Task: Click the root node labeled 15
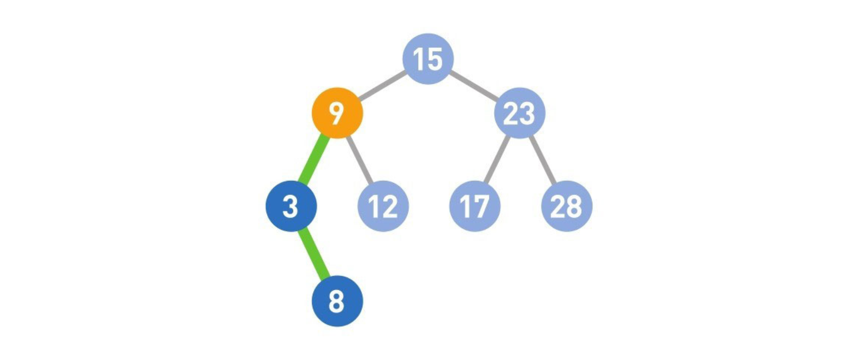[x=428, y=58]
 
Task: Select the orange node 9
[x=337, y=113]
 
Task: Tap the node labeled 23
[x=520, y=113]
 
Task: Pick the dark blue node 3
[x=291, y=206]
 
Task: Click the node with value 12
[x=383, y=206]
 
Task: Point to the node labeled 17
[x=474, y=206]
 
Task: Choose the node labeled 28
[x=567, y=206]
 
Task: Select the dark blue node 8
[x=337, y=301]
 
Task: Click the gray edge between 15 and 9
[x=381, y=85]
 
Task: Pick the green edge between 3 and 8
[x=314, y=254]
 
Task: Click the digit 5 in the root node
[x=434, y=59]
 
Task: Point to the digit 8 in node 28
[x=574, y=206]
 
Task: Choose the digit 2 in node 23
[x=511, y=113]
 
